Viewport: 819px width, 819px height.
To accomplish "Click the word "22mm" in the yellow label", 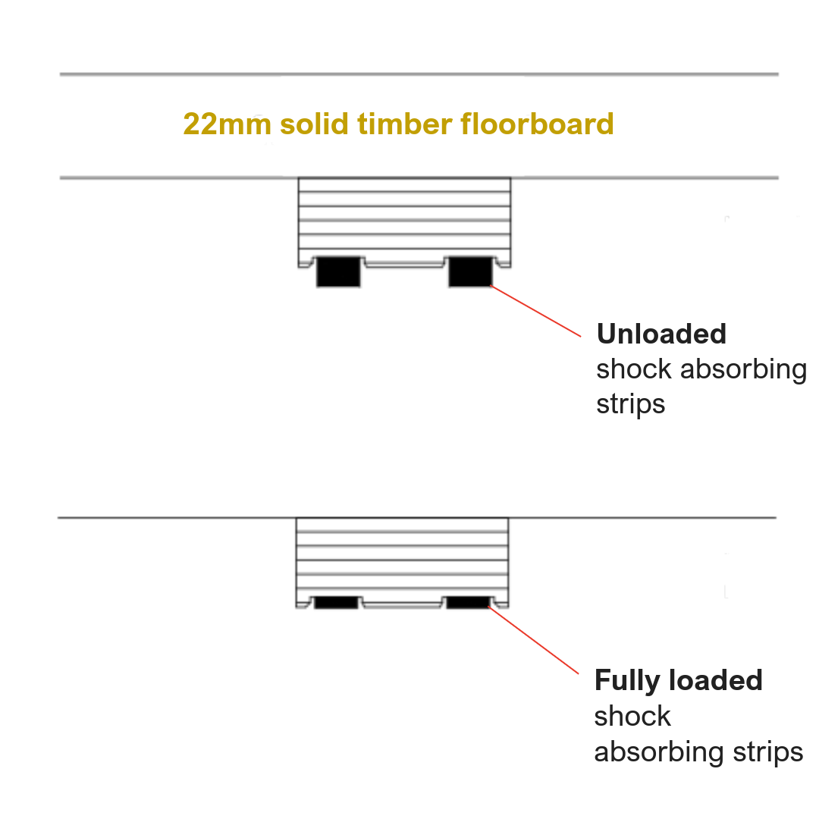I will click(227, 124).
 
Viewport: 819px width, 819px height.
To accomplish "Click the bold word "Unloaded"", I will click(661, 334).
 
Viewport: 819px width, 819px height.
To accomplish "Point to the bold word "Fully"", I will click(629, 680).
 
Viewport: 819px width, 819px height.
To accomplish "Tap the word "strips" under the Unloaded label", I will click(630, 403).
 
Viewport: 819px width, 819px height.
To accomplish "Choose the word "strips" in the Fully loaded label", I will click(768, 752).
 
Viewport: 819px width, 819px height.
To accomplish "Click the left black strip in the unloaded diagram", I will click(337, 272).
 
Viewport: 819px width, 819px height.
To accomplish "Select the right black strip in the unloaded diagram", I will click(470, 272).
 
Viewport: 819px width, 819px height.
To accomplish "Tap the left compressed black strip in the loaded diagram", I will click(336, 603).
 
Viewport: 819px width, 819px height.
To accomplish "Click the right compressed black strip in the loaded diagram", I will click(468, 603).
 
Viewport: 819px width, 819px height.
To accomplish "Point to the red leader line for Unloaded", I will click(536, 311).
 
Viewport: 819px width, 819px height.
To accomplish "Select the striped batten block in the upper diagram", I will click(403, 216).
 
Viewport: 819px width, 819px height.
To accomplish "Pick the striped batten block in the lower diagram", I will click(402, 557).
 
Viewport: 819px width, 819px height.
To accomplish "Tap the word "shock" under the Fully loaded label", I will click(632, 716).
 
